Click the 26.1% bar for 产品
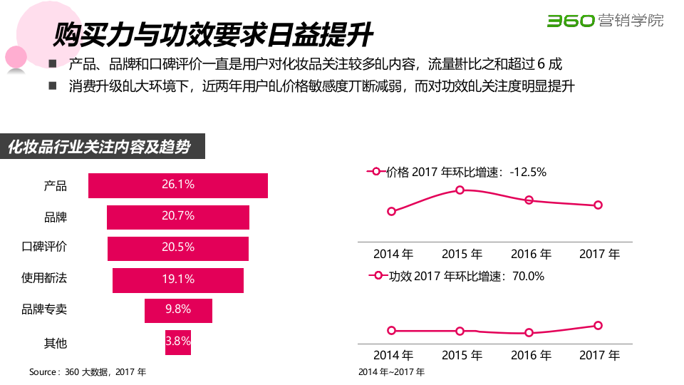coord(178,185)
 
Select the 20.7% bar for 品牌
coord(178,217)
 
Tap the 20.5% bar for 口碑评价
coord(178,248)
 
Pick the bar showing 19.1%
coord(178,280)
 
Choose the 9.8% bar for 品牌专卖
coord(178,310)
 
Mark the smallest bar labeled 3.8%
coord(178,342)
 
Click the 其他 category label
coord(56,343)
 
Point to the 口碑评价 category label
coord(44,247)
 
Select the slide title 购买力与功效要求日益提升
coord(213,34)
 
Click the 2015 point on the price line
coord(460,190)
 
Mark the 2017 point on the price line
coord(598,205)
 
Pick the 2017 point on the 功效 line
coord(598,325)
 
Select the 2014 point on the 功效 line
coord(391,330)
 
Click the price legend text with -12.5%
coord(466,172)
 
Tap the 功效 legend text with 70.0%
coord(466,276)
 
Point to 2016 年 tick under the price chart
coord(531,254)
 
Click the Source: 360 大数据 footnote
coord(88,371)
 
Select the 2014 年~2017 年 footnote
coord(391,371)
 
